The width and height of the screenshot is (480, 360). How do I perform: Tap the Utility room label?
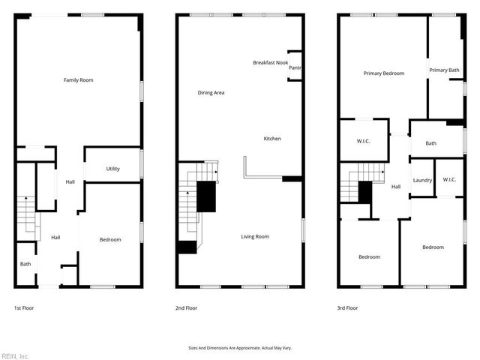coord(112,169)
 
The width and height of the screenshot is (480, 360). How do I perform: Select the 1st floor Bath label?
coord(25,264)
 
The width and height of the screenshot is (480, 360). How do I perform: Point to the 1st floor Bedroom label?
coord(110,239)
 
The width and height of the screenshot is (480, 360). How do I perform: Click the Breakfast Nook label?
coord(271,63)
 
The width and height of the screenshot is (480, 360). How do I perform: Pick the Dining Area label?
coord(211,93)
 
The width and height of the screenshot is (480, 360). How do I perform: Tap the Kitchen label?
coord(272,139)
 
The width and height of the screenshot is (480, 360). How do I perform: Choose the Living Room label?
coord(255,237)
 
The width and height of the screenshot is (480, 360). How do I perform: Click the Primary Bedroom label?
coord(383,73)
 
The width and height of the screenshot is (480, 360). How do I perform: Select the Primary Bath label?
coord(444,70)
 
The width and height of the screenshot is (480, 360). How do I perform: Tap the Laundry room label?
coord(421,180)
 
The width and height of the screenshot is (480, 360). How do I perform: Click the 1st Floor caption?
coord(23,308)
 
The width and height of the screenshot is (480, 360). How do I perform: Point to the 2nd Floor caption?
coord(186,308)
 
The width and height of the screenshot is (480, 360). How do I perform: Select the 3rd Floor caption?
coord(347,308)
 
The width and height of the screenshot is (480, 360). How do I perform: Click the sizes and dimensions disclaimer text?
coord(239,348)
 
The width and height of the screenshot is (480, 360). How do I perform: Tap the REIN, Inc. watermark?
coord(15,355)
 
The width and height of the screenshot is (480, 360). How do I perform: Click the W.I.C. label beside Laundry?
coord(449,179)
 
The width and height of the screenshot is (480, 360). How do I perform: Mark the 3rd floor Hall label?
coord(396,187)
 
